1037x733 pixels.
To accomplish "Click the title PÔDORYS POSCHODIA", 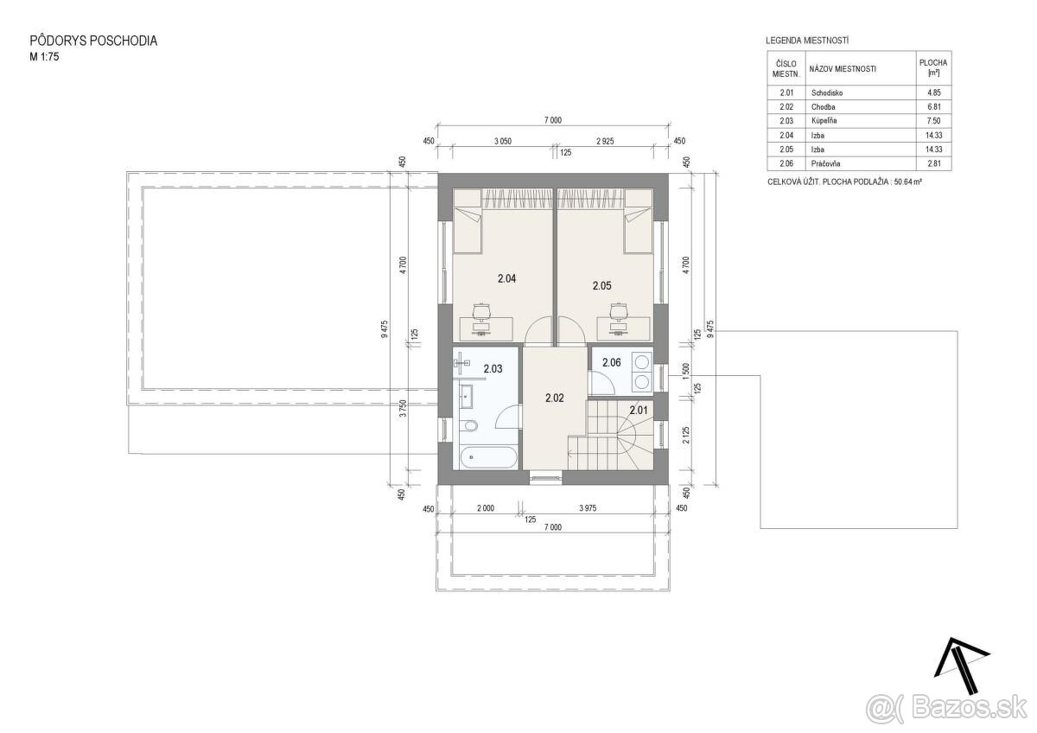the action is click(93, 41).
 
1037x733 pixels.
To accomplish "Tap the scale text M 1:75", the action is click(44, 57).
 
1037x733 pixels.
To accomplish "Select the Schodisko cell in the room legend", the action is click(827, 92).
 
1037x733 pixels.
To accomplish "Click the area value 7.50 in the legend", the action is click(934, 121).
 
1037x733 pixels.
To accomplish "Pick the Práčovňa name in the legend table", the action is click(825, 163).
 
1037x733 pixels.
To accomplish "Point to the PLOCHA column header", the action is click(933, 67).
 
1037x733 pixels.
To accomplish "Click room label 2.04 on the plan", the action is click(507, 278).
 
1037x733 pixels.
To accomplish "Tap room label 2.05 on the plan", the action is click(601, 286).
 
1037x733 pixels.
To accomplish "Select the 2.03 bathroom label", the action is click(493, 369).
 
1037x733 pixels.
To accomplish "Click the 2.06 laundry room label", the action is click(612, 362).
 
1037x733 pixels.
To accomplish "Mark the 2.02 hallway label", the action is click(555, 398).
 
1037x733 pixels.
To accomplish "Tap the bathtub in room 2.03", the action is click(488, 457).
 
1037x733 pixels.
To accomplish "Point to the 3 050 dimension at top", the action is click(503, 141).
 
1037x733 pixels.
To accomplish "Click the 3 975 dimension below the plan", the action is click(588, 508).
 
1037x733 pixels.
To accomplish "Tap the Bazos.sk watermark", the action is click(948, 710).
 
